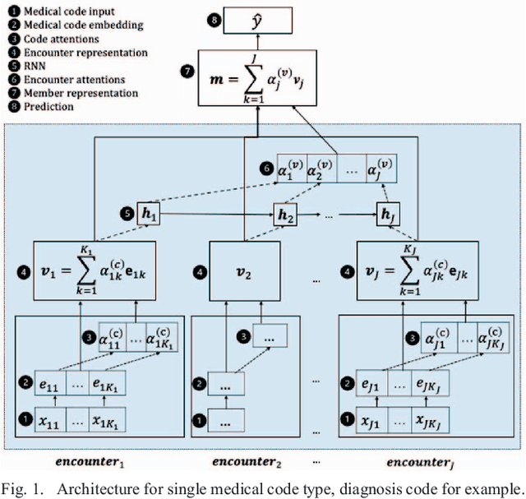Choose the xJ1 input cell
coord(372,423)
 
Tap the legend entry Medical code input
coord(61,11)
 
